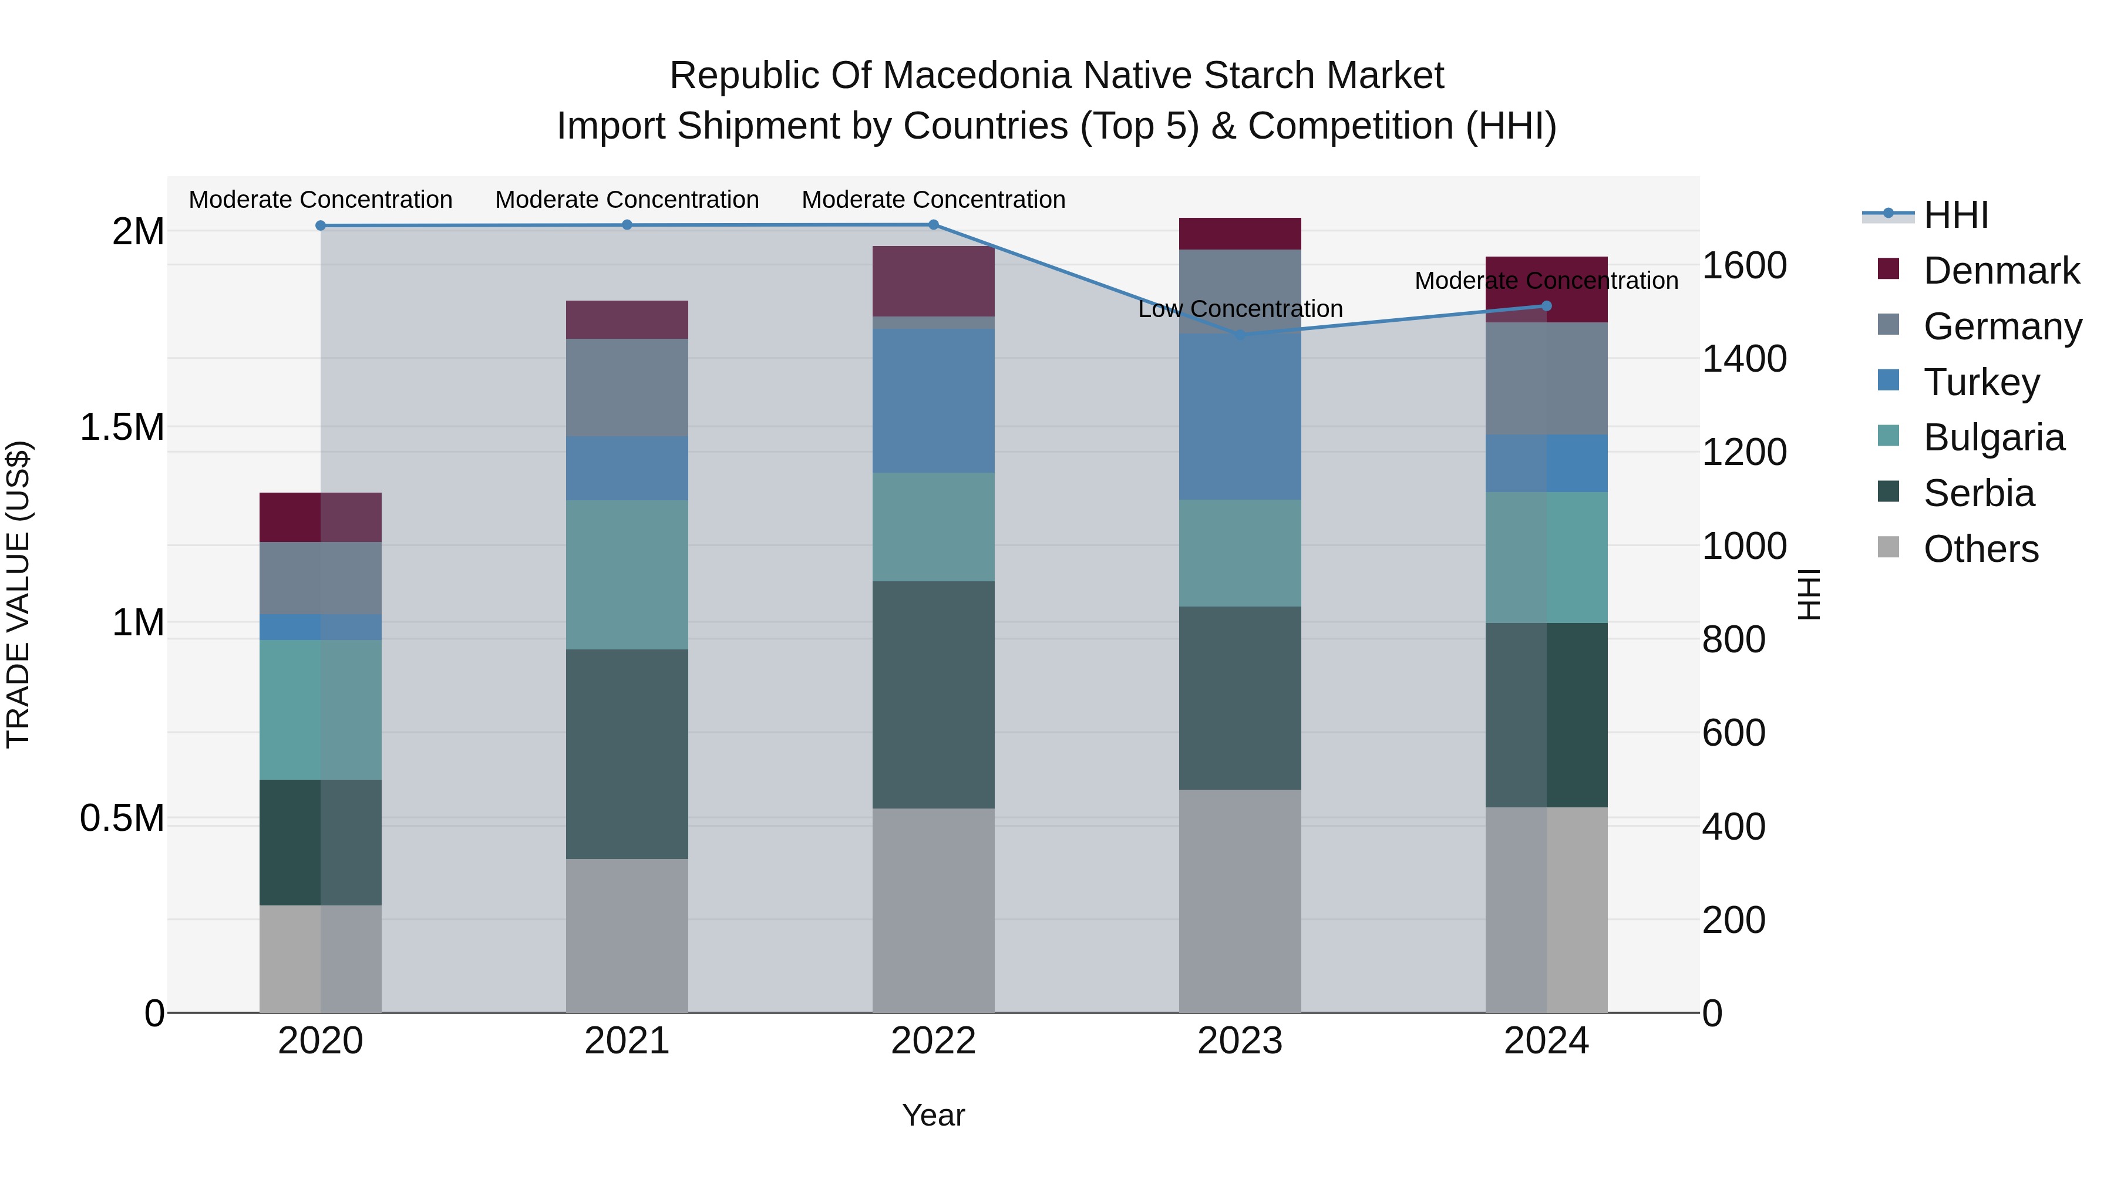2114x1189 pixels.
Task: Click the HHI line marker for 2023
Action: coord(1240,335)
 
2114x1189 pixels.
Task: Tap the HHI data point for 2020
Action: coord(321,225)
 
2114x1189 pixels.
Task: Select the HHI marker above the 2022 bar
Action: coord(933,225)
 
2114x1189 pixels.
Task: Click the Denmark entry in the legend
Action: coord(2001,271)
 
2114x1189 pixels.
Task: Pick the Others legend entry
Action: coord(1980,549)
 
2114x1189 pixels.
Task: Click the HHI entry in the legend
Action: coord(1955,215)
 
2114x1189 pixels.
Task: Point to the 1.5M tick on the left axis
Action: coord(122,427)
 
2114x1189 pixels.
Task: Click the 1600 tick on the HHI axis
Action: coord(1745,266)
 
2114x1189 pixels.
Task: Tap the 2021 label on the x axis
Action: coord(627,1041)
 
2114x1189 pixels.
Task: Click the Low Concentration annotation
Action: coord(1240,309)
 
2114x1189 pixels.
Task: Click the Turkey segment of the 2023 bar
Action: coord(1240,417)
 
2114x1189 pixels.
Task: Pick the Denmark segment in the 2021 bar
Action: coord(627,320)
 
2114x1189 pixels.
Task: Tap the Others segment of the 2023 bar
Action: coord(1240,901)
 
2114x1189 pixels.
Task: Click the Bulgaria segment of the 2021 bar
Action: coord(627,574)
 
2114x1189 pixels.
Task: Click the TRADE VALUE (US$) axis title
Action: coord(19,594)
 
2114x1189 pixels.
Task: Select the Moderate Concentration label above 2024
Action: coord(1546,281)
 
